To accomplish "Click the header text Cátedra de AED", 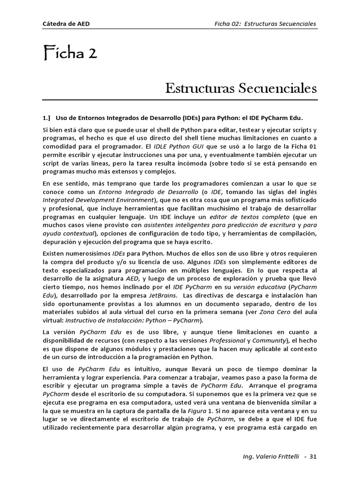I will (x=63, y=24).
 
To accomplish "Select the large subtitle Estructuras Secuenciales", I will (x=241, y=88).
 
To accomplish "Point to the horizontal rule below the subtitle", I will (x=180, y=100).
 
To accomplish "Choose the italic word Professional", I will (x=227, y=340).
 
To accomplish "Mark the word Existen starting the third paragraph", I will (x=54, y=253).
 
